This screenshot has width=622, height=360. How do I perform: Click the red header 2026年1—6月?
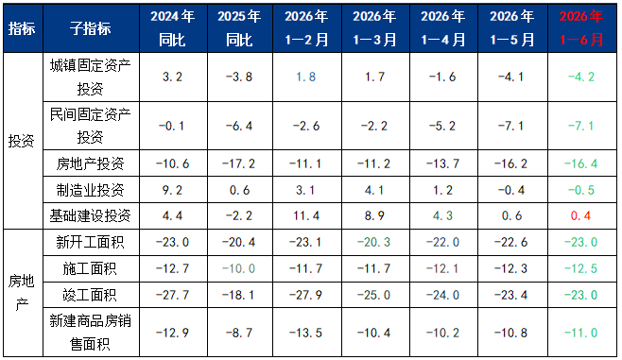(581, 28)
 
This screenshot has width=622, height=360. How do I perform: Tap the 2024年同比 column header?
(173, 28)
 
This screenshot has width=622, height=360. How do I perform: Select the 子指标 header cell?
(91, 28)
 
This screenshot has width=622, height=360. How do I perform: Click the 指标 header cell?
(22, 28)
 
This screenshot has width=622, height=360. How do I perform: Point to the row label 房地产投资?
(91, 163)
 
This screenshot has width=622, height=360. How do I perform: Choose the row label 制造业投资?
(91, 190)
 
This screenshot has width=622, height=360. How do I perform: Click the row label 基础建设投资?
(91, 215)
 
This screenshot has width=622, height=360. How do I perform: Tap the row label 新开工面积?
(91, 242)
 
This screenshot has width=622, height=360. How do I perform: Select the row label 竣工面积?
(91, 295)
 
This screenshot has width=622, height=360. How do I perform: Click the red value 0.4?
(580, 215)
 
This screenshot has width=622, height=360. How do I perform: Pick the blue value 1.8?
(306, 77)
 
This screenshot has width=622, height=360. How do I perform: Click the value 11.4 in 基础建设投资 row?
(306, 215)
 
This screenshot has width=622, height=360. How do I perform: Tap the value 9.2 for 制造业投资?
(173, 190)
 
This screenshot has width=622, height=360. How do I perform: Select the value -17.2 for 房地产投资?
(239, 163)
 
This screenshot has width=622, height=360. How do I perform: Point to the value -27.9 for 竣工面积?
(306, 295)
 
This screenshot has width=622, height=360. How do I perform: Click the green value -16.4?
(581, 163)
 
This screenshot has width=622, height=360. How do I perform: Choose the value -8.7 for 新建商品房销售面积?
(239, 333)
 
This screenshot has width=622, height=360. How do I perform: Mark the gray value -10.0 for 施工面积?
(239, 268)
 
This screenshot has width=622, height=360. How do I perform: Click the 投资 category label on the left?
(22, 141)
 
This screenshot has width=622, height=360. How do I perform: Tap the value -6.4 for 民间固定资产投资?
(239, 126)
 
